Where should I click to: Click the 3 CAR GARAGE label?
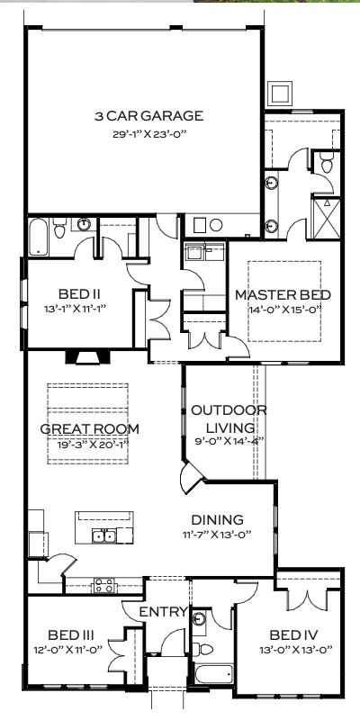[x=148, y=116]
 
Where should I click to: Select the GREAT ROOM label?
[x=89, y=429]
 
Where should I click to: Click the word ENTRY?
[x=164, y=612]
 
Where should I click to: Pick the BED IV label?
[x=294, y=635]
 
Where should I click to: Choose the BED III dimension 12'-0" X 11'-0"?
[x=67, y=650]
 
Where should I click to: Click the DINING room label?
[x=217, y=520]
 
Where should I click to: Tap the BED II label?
[x=79, y=293]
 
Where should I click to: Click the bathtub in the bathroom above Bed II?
[x=38, y=237]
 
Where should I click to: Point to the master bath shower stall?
[x=326, y=218]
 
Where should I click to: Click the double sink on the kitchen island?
[x=103, y=535]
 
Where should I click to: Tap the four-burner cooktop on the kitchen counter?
[x=103, y=586]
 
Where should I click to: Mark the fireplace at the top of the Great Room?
[x=87, y=356]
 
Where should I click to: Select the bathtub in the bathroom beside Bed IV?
[x=212, y=673]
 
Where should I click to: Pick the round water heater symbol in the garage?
[x=216, y=225]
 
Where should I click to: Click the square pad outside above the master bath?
[x=279, y=94]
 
